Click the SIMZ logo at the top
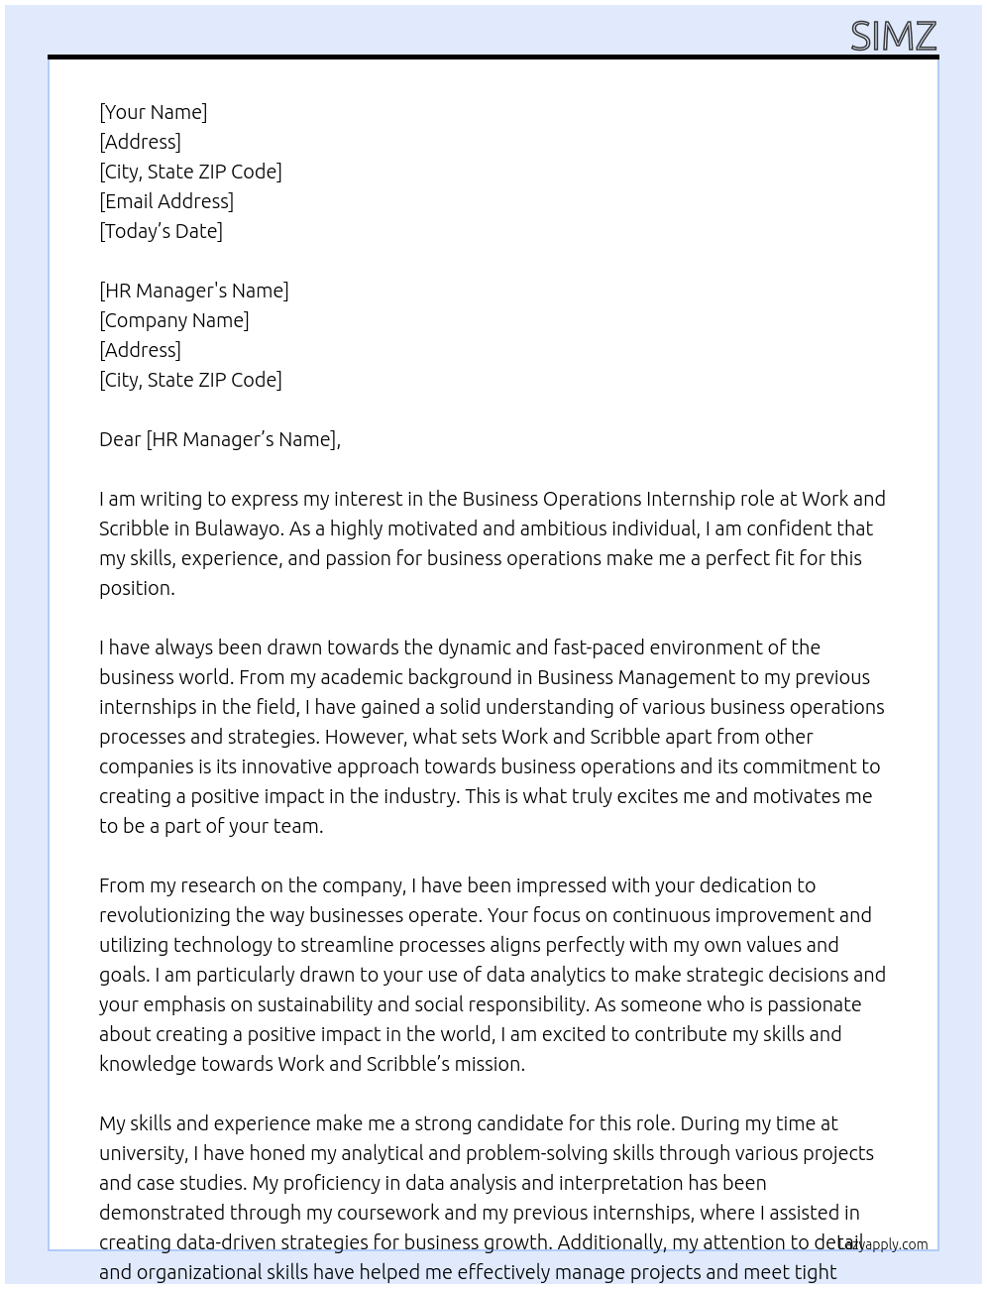(893, 37)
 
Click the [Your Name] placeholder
(154, 112)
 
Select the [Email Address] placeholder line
(166, 201)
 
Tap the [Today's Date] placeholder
(161, 231)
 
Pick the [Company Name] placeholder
(174, 320)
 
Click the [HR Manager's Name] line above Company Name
(194, 291)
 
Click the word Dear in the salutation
(119, 439)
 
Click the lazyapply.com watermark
(883, 1244)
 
